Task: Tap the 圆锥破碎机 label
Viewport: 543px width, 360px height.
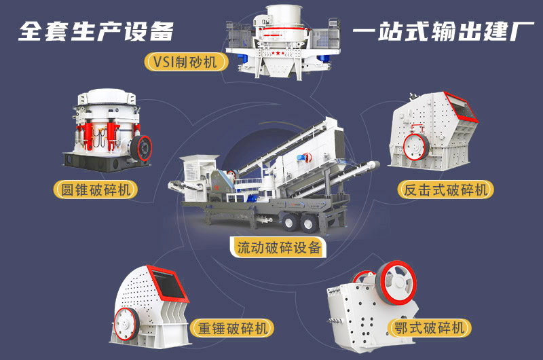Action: click(96, 189)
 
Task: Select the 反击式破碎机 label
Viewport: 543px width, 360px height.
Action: click(445, 190)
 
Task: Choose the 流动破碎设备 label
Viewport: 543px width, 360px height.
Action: click(279, 247)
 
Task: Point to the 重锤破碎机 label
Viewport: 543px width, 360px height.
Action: click(231, 328)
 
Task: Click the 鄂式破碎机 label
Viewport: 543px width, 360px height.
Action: click(432, 328)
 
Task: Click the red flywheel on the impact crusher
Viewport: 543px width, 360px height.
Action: click(413, 145)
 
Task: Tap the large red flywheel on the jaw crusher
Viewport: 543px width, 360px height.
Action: click(396, 279)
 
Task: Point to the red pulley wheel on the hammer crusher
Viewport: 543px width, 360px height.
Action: click(126, 320)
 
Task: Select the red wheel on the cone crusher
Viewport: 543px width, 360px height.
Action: click(143, 146)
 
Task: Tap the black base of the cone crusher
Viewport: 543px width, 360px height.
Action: click(105, 160)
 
